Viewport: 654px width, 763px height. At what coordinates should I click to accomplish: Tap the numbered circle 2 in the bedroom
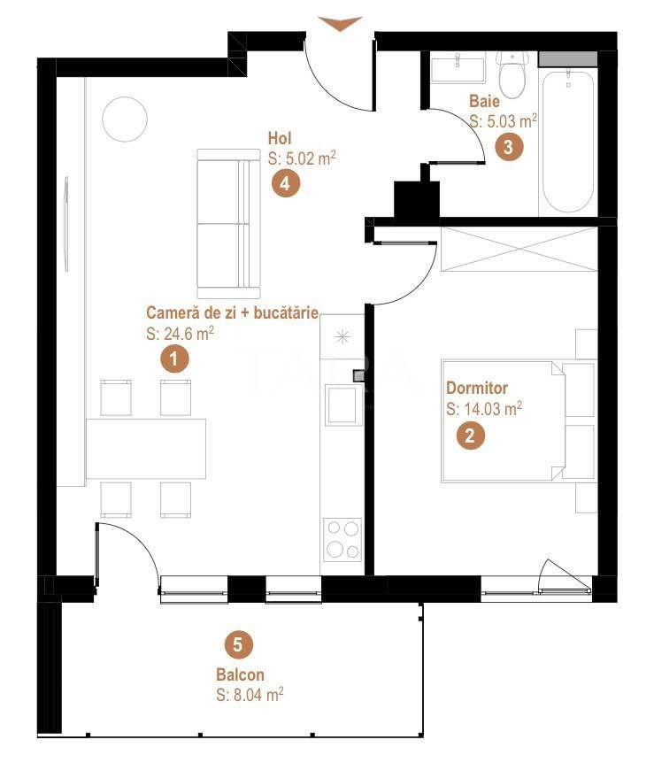(470, 435)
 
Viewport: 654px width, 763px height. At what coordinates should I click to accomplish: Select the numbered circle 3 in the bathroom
(507, 147)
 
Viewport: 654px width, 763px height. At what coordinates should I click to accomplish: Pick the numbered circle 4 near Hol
(284, 183)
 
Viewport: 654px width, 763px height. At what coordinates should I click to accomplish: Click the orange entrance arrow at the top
(340, 24)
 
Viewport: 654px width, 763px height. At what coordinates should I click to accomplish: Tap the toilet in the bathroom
(512, 76)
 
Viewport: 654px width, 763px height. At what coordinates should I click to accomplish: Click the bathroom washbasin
(458, 69)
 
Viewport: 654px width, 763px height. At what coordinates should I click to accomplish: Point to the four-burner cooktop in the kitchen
(342, 539)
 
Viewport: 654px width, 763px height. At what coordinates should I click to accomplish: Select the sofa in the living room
(228, 223)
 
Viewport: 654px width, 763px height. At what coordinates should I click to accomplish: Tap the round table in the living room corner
(125, 119)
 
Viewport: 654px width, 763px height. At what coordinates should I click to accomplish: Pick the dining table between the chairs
(147, 448)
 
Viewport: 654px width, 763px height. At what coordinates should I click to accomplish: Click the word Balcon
(240, 675)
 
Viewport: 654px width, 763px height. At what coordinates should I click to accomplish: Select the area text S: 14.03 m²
(484, 409)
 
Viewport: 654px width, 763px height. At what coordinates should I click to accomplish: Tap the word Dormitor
(477, 389)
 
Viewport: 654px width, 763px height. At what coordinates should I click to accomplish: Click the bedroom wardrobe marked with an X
(519, 249)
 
